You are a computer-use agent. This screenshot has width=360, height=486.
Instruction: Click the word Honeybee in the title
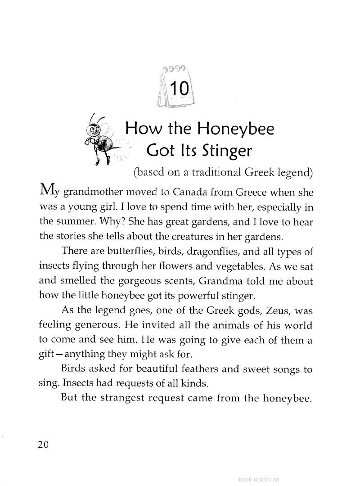pos(236,129)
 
